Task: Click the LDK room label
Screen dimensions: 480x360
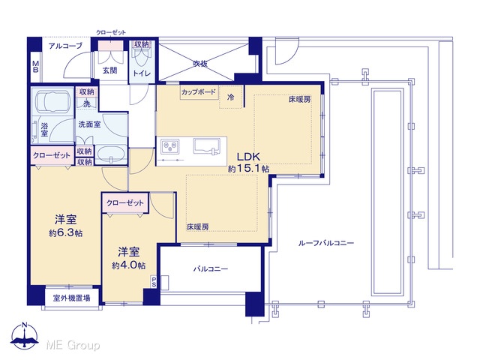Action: pos(248,157)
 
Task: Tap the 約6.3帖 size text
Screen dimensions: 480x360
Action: pos(65,233)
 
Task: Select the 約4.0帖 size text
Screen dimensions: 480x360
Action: pos(128,265)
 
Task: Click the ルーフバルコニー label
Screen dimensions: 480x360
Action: pos(326,243)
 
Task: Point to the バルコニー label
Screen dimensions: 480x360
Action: pos(211,269)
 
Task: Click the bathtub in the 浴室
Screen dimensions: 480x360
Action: pos(52,102)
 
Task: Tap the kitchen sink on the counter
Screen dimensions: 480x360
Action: pos(207,146)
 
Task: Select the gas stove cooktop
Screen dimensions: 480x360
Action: pos(170,146)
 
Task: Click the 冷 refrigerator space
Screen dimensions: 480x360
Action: pos(231,97)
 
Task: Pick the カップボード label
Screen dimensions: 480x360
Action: pos(199,91)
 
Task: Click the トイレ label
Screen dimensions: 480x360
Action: pos(142,73)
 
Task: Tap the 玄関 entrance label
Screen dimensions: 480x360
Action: pos(109,70)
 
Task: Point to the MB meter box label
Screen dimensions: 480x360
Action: pos(35,67)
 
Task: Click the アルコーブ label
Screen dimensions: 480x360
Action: pos(65,46)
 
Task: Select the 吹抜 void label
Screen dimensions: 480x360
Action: pos(200,63)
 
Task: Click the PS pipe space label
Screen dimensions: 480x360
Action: pos(154,282)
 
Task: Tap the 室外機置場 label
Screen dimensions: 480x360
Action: pos(72,298)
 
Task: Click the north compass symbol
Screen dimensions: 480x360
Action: pos(25,335)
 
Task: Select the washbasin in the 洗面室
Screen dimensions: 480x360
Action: pos(110,154)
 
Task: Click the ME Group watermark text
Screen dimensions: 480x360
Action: pos(73,345)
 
